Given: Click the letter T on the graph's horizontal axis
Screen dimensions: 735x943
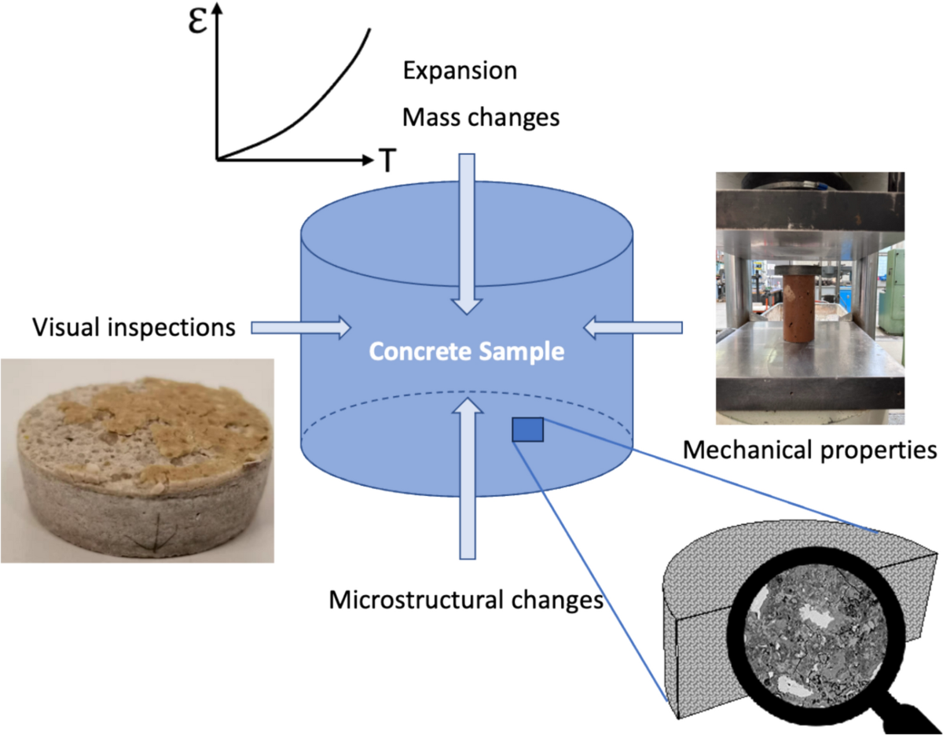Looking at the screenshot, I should [387, 160].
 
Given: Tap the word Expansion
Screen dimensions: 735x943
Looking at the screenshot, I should [460, 71].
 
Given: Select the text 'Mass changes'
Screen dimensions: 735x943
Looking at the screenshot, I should [480, 118].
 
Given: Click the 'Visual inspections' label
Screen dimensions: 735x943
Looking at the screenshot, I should [134, 326].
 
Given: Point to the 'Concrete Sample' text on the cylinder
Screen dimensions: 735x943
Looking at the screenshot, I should [467, 351].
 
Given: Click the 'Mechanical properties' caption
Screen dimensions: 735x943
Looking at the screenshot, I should [810, 450].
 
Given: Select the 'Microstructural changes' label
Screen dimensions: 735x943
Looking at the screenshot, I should [466, 601].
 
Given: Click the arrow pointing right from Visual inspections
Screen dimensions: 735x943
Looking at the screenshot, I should [302, 326].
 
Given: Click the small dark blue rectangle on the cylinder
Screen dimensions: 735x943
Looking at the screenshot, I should [528, 429].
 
